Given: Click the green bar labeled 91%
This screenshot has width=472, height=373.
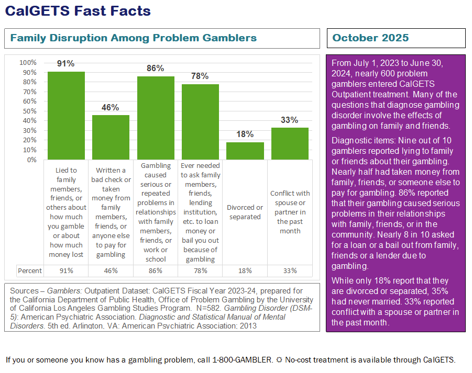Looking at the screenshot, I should tap(66, 116).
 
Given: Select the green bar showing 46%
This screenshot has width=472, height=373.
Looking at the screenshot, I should tap(111, 137).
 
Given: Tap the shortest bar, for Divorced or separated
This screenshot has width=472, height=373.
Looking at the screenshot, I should tap(245, 151).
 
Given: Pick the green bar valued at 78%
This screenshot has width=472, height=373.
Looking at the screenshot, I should tap(200, 122).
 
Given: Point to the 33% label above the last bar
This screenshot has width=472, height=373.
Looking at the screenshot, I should tap(289, 120).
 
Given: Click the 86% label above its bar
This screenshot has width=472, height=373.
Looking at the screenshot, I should tap(156, 68).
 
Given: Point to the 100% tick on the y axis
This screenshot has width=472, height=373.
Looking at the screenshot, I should tap(28, 63).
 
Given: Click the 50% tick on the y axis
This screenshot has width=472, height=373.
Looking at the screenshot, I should tap(29, 111).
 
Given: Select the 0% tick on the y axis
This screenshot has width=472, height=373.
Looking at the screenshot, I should tap(31, 160).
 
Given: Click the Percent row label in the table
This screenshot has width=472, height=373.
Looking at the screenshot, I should tap(30, 270).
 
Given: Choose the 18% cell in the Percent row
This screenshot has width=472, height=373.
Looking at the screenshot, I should tap(245, 270).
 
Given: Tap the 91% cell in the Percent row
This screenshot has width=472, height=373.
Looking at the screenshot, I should tap(66, 270).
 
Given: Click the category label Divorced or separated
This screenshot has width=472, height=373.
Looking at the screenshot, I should tap(245, 212).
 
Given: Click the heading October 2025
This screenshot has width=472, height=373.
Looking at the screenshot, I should tap(370, 38).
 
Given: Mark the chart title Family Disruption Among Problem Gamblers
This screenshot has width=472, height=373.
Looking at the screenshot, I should tap(134, 38).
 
